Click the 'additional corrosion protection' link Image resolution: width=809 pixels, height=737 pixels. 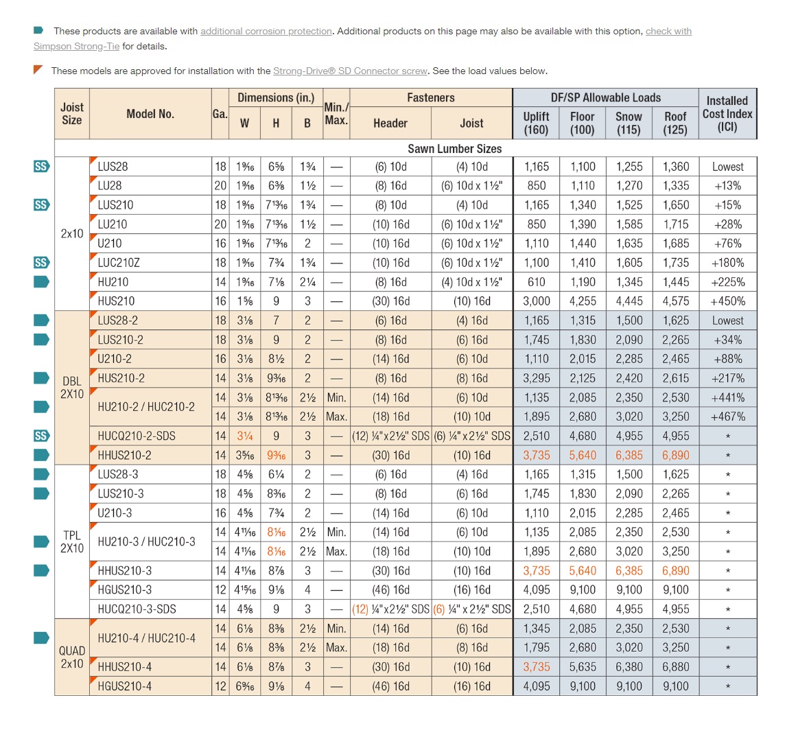pos(266,32)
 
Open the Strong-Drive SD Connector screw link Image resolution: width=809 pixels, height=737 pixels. pos(350,71)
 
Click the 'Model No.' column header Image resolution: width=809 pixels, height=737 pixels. pos(150,114)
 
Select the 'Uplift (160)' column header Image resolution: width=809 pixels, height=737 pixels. pos(536,123)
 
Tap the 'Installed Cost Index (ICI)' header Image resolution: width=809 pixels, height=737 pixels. pos(727,114)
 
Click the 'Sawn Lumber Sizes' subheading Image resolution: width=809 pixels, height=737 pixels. pos(454,149)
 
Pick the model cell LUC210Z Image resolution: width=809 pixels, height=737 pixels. pos(119,263)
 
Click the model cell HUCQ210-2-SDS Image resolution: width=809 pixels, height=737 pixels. pos(137,436)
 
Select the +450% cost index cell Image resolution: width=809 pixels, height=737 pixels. pos(727,301)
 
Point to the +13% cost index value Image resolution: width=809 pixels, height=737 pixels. pos(727,186)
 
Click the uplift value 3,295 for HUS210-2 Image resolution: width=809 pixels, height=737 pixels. pos(536,378)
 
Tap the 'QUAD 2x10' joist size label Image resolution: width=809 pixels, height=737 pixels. pos(72,657)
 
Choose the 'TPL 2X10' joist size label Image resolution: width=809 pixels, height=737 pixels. pos(72,542)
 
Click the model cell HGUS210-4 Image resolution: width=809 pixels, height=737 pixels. pos(125,686)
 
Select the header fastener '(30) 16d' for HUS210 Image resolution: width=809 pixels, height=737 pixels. pos(390,301)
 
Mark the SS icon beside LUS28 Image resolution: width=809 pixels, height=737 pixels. pos(41,167)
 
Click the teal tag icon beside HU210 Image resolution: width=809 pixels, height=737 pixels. pos(41,282)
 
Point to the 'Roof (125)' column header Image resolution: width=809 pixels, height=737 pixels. pos(675,123)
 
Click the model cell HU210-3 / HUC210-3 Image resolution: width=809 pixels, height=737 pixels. pos(146,542)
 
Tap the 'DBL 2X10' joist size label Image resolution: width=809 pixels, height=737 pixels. pos(72,388)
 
